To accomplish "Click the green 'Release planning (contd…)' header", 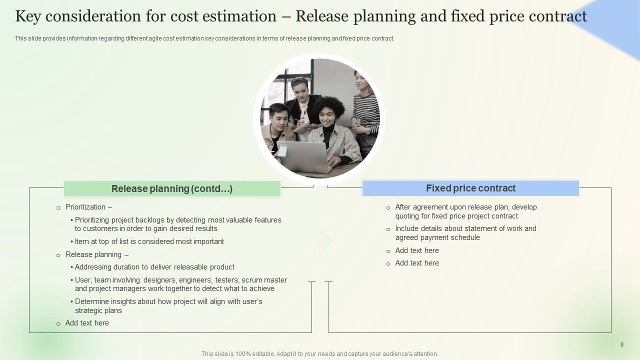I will tap(172, 188).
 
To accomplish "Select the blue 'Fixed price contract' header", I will tap(470, 188).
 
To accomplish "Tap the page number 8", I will tap(621, 344).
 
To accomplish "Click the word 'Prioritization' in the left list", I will tap(85, 207).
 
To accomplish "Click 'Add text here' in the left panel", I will tap(87, 323).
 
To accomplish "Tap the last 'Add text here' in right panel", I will tap(417, 263).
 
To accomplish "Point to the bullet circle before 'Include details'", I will tap(388, 229).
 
